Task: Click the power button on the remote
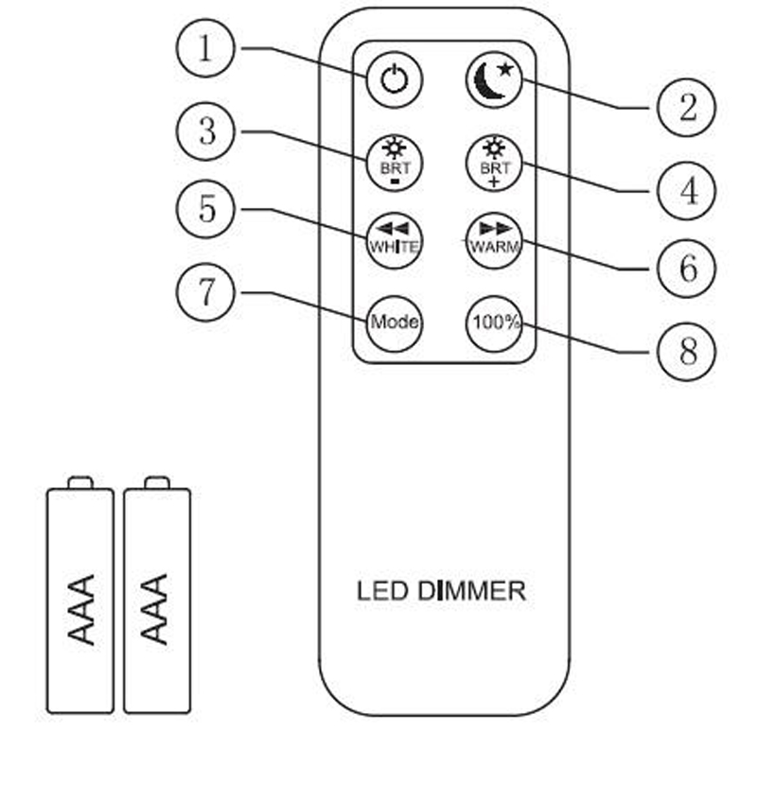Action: pos(394,80)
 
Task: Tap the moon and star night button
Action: pos(495,80)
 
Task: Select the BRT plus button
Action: pos(495,163)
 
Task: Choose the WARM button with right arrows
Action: pos(495,241)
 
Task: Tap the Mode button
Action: pos(394,322)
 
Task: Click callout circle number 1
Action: pos(206,48)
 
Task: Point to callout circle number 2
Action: pos(687,108)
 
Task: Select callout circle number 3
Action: pos(206,131)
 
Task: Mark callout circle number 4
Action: pos(687,190)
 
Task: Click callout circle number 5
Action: pos(206,210)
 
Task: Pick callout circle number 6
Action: pos(687,269)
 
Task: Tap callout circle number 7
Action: pos(206,291)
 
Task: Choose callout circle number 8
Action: pos(687,351)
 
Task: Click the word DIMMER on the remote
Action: pos(471,592)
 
